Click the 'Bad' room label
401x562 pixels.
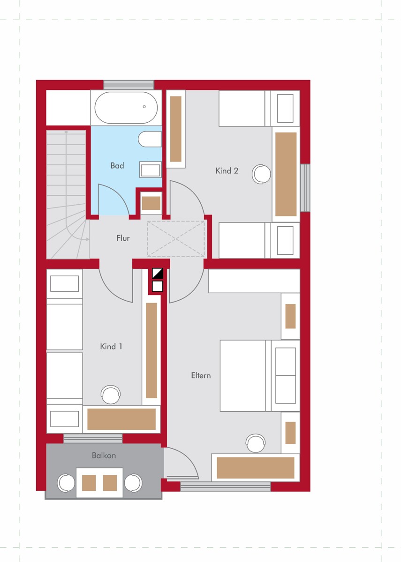click(x=117, y=166)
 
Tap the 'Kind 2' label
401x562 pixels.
click(x=227, y=171)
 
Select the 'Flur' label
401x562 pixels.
click(x=123, y=238)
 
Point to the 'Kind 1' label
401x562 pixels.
click(x=111, y=347)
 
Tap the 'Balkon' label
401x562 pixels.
click(x=104, y=455)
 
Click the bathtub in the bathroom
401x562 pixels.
click(x=126, y=108)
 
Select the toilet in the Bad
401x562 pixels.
click(x=150, y=139)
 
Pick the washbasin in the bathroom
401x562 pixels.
click(x=151, y=170)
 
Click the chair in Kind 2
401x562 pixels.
click(x=261, y=174)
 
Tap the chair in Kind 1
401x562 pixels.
click(x=111, y=395)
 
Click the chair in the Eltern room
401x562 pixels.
click(x=256, y=444)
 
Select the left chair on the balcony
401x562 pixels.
click(x=66, y=483)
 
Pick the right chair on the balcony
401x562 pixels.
click(x=133, y=483)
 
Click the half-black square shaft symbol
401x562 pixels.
click(x=158, y=273)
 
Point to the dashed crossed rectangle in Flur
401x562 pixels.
click(x=176, y=239)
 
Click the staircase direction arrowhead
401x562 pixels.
click(x=88, y=239)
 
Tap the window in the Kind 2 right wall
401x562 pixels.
click(x=305, y=188)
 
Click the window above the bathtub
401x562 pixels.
click(x=129, y=85)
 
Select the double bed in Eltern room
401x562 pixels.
click(x=260, y=376)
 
